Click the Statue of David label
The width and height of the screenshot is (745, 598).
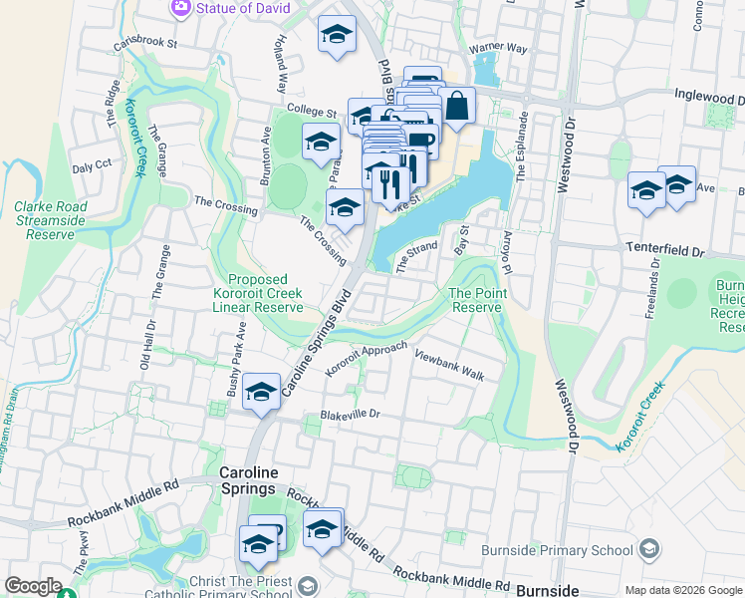(x=243, y=8)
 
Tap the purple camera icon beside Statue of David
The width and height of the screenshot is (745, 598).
(x=180, y=8)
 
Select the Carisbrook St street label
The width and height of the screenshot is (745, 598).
(x=144, y=44)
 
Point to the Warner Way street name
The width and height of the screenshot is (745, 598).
(x=498, y=47)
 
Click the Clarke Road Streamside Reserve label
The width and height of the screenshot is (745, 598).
(x=50, y=220)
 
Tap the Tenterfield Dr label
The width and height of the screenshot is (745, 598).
(x=664, y=245)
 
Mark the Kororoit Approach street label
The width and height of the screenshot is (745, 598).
(x=366, y=359)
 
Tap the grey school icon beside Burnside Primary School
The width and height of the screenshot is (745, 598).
(x=648, y=549)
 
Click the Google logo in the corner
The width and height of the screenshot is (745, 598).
(x=33, y=587)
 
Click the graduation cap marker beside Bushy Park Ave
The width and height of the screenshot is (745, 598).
(x=261, y=391)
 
